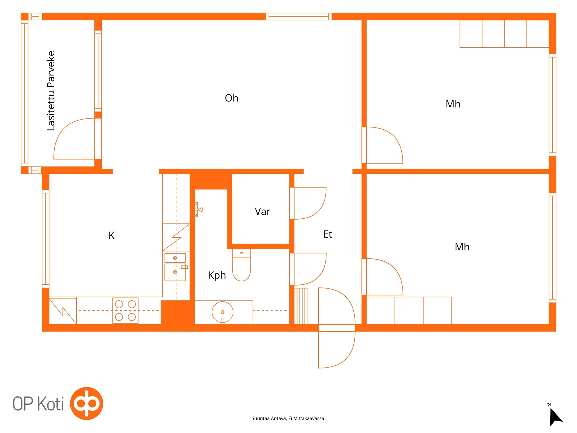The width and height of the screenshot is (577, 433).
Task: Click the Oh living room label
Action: [x=232, y=98]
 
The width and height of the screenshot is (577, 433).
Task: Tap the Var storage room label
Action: [x=262, y=212]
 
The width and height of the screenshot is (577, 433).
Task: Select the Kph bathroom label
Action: [x=217, y=275]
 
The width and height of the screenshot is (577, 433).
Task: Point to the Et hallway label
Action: [x=327, y=234]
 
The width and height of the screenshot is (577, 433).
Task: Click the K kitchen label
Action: [x=111, y=235]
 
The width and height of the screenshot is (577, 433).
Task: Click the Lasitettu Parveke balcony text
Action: [x=51, y=91]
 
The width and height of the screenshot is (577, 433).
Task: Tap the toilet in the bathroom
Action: [x=241, y=265]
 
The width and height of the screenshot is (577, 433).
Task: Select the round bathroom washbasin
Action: [x=222, y=312]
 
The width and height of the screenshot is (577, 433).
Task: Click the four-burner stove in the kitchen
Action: [x=125, y=310]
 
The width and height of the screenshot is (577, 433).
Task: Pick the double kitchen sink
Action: [x=175, y=267]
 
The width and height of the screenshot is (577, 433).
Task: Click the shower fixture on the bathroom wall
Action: [x=199, y=209]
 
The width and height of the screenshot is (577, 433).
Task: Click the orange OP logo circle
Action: [x=87, y=403]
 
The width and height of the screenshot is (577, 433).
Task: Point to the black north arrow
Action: [x=555, y=416]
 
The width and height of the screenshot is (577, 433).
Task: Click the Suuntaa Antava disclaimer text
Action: [x=288, y=418]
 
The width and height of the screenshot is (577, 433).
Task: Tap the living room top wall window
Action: [x=298, y=17]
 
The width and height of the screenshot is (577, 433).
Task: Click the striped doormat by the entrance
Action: [x=301, y=306]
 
